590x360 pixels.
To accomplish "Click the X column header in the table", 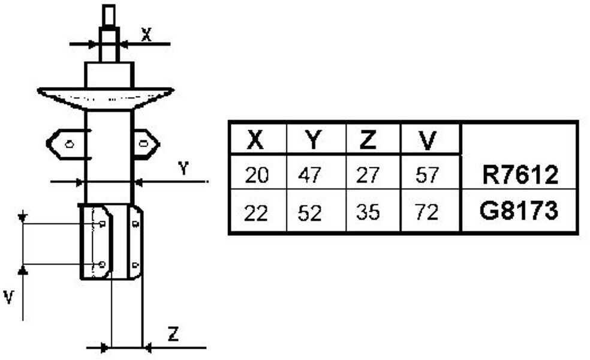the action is click(255, 139).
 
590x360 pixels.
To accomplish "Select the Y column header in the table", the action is click(313, 139).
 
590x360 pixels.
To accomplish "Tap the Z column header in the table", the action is click(368, 139).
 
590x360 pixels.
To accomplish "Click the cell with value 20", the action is click(257, 175).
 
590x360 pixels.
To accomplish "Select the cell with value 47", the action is click(309, 175).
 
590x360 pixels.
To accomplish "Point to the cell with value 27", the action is click(368, 175).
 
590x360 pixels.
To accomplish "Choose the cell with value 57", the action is click(428, 175).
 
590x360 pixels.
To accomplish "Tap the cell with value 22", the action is click(256, 213).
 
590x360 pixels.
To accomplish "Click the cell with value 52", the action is click(309, 213).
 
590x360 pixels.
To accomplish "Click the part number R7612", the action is click(520, 175).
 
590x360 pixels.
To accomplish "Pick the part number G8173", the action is click(519, 211).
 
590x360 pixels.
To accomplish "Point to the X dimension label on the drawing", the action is click(146, 35).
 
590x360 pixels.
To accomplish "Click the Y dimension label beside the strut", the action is click(183, 169).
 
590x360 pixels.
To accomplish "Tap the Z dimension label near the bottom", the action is click(173, 334).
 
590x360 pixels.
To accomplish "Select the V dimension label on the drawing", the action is click(9, 298).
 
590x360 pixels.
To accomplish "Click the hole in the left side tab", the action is click(69, 144).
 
